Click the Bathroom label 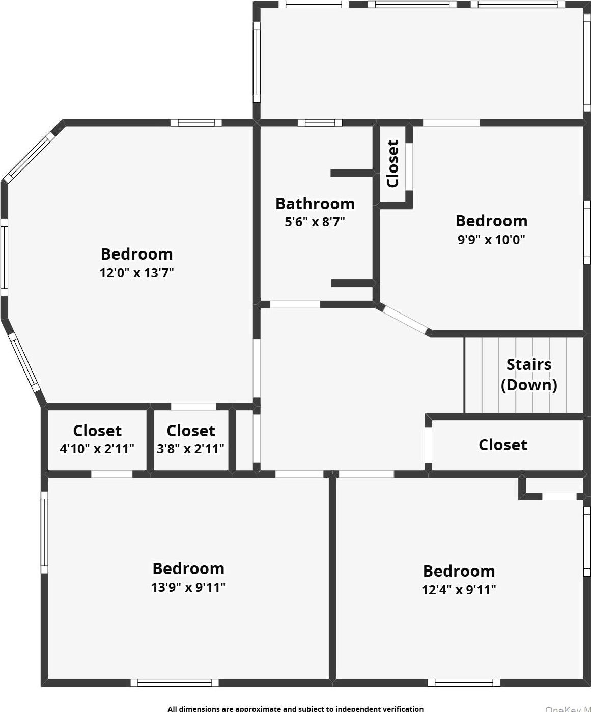[x=315, y=204]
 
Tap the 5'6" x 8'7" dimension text [x=315, y=222]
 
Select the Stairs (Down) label [x=529, y=375]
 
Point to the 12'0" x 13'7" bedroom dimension [x=136, y=273]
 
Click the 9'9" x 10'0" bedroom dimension [x=491, y=240]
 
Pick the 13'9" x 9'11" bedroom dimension [x=188, y=587]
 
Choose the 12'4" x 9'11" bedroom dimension [x=459, y=590]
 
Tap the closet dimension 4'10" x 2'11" [x=97, y=449]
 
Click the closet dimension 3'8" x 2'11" [x=190, y=449]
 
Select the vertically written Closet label [x=392, y=164]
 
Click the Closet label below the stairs [x=503, y=445]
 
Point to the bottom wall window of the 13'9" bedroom [x=175, y=682]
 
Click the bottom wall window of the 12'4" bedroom [x=464, y=682]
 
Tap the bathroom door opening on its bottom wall [x=295, y=304]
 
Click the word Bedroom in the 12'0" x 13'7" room [x=136, y=254]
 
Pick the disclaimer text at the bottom [x=295, y=708]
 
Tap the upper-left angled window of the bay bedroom [x=28, y=156]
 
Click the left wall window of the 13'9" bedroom [x=44, y=532]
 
